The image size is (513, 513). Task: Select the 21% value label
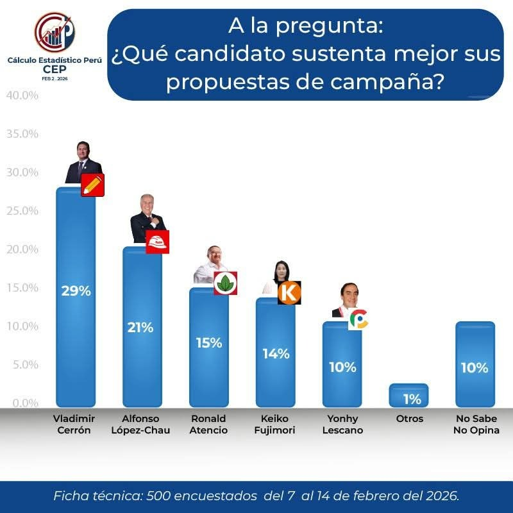pos(140,328)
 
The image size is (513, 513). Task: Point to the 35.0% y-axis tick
pos(22,134)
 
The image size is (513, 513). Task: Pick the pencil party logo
pos(93,185)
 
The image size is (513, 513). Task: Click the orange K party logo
pos(290,293)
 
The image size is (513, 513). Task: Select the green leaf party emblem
pos(225,283)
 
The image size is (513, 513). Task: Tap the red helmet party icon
pos(157,242)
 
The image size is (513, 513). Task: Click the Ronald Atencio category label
pos(208,424)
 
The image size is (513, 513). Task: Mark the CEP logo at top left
pos(54,33)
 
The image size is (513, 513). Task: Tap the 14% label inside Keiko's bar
pos(276,353)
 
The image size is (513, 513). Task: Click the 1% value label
pos(412,399)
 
